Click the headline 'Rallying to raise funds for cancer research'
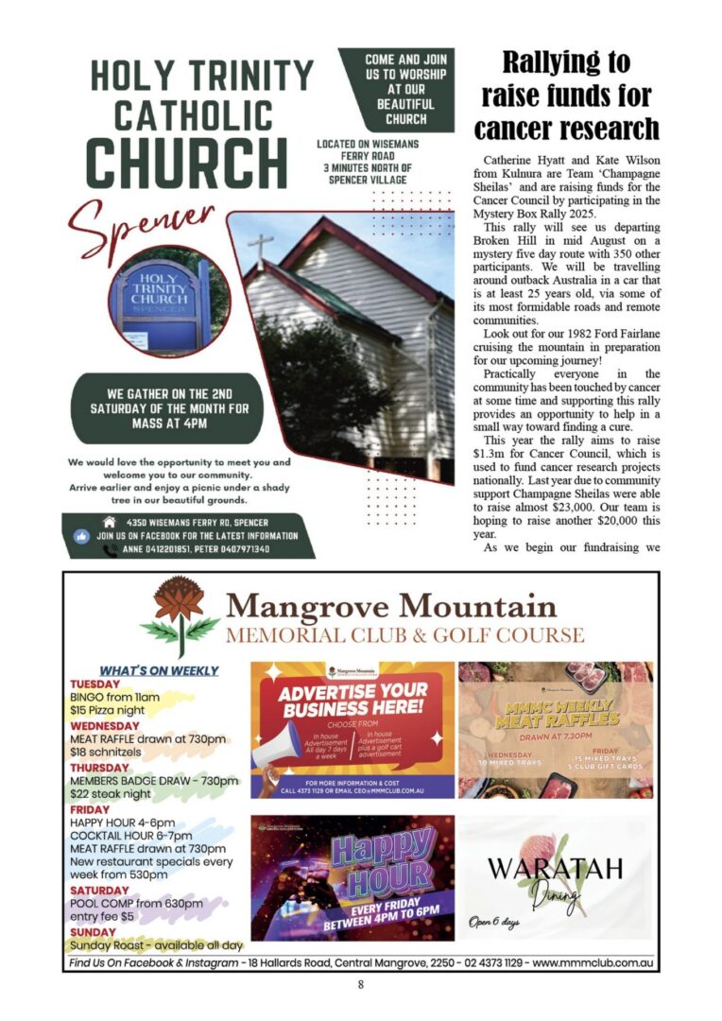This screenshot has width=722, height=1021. coord(566,95)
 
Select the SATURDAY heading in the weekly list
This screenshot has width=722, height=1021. coord(100,891)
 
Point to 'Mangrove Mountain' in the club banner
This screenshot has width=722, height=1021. coord(392,603)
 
